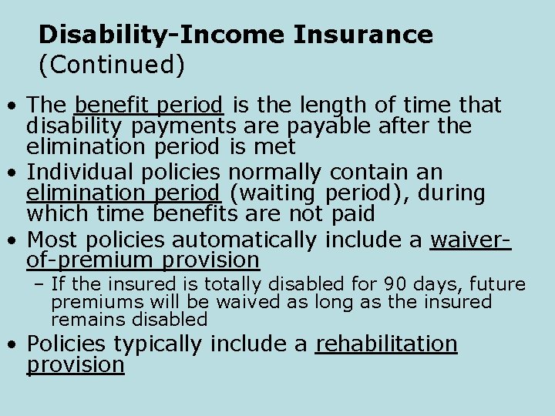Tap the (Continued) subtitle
point(112,65)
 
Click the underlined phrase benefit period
point(150,105)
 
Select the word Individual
point(88,172)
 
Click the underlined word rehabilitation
point(386,344)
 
